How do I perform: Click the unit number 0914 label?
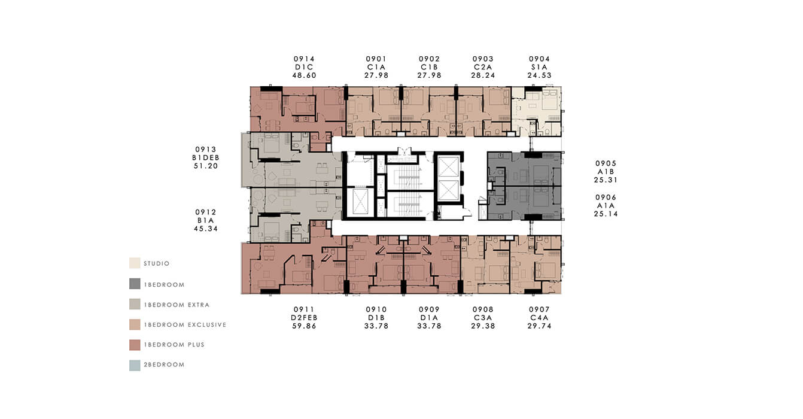tap(304, 59)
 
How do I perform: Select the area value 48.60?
tap(305, 75)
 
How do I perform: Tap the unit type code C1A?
tap(376, 67)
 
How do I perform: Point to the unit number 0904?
tap(539, 59)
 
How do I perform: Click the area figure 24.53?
tap(539, 75)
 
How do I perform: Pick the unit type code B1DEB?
tap(206, 157)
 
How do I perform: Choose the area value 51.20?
tap(206, 166)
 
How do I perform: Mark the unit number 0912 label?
tap(206, 212)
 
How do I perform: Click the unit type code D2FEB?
tap(304, 317)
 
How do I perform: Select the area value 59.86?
tap(305, 326)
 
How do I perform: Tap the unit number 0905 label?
tap(606, 163)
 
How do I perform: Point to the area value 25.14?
tap(606, 214)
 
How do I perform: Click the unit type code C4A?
tap(539, 317)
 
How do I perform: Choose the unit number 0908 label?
tap(483, 309)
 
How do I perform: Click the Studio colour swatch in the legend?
tap(135, 263)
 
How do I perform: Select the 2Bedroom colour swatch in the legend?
tap(135, 365)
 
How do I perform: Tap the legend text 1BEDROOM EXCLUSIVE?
tap(185, 324)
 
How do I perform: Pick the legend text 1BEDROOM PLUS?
tap(174, 345)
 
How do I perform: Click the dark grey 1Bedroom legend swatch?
tap(135, 284)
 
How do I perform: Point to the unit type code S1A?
tap(539, 67)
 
